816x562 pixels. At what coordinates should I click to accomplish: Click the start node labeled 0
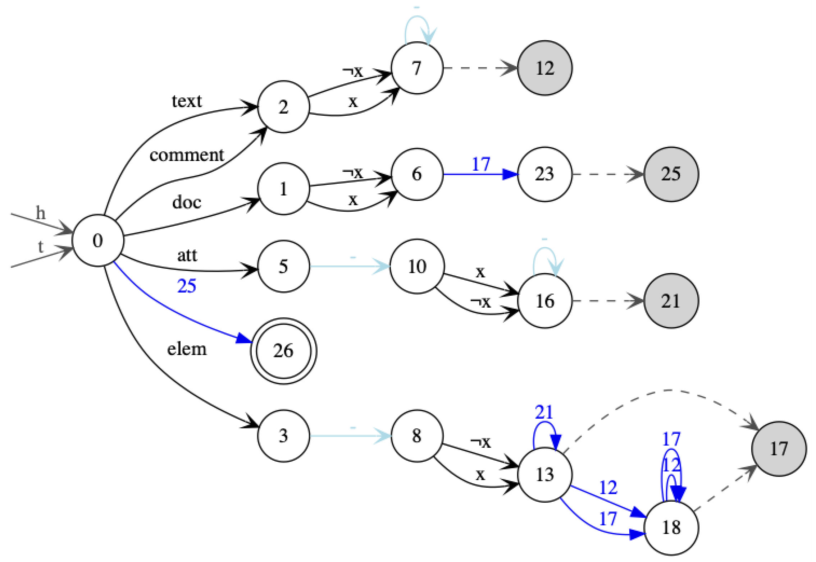pyautogui.click(x=98, y=240)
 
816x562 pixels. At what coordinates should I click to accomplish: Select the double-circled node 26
pyautogui.click(x=283, y=351)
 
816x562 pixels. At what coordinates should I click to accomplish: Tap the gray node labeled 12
pyautogui.click(x=544, y=68)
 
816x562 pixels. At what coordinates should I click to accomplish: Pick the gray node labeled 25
pyautogui.click(x=671, y=174)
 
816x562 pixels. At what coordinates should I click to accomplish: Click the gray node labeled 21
pyautogui.click(x=671, y=301)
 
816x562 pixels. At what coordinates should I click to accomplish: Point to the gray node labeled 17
pyautogui.click(x=779, y=448)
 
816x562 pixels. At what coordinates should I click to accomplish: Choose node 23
pyautogui.click(x=544, y=174)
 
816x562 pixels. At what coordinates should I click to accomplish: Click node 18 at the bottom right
pyautogui.click(x=671, y=528)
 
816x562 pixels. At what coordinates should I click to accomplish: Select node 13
pyautogui.click(x=544, y=474)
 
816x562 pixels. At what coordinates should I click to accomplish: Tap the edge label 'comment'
pyautogui.click(x=187, y=155)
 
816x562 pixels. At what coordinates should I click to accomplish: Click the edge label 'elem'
pyautogui.click(x=187, y=349)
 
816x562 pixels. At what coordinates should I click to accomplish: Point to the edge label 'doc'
pyautogui.click(x=187, y=202)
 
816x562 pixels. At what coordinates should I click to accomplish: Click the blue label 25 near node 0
pyautogui.click(x=187, y=286)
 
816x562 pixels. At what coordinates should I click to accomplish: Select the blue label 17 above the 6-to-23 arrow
pyautogui.click(x=481, y=164)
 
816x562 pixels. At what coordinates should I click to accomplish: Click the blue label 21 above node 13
pyautogui.click(x=543, y=412)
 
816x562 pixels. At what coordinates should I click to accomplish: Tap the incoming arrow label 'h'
pyautogui.click(x=41, y=213)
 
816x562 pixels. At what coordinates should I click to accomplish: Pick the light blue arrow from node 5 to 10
pyautogui.click(x=349, y=267)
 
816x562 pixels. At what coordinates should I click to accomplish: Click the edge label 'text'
pyautogui.click(x=187, y=101)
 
